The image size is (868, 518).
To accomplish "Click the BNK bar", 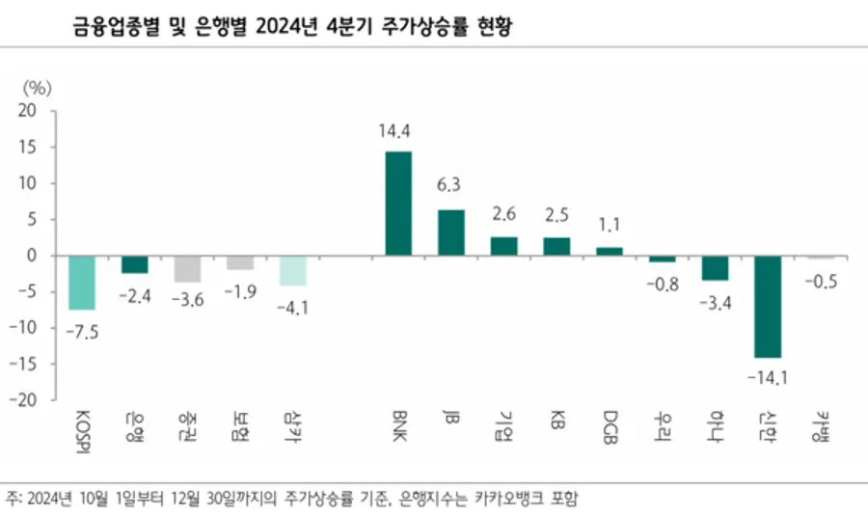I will pyautogui.click(x=398, y=204).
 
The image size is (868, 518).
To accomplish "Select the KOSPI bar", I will pyautogui.click(x=81, y=283).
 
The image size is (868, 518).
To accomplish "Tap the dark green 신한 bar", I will pyautogui.click(x=768, y=307).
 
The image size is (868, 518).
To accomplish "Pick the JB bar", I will pyautogui.click(x=450, y=232).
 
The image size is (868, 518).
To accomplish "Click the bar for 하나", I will pyautogui.click(x=715, y=268).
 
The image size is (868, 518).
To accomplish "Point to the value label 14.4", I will pyautogui.click(x=398, y=129).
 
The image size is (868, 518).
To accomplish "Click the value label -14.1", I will pyautogui.click(x=768, y=377).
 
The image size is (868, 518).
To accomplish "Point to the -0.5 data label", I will pyautogui.click(x=821, y=282).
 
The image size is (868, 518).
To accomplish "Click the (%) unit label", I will pyautogui.click(x=35, y=87).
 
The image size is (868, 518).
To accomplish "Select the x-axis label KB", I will pyautogui.click(x=557, y=419).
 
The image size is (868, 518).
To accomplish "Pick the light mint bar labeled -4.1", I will pyautogui.click(x=293, y=270).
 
